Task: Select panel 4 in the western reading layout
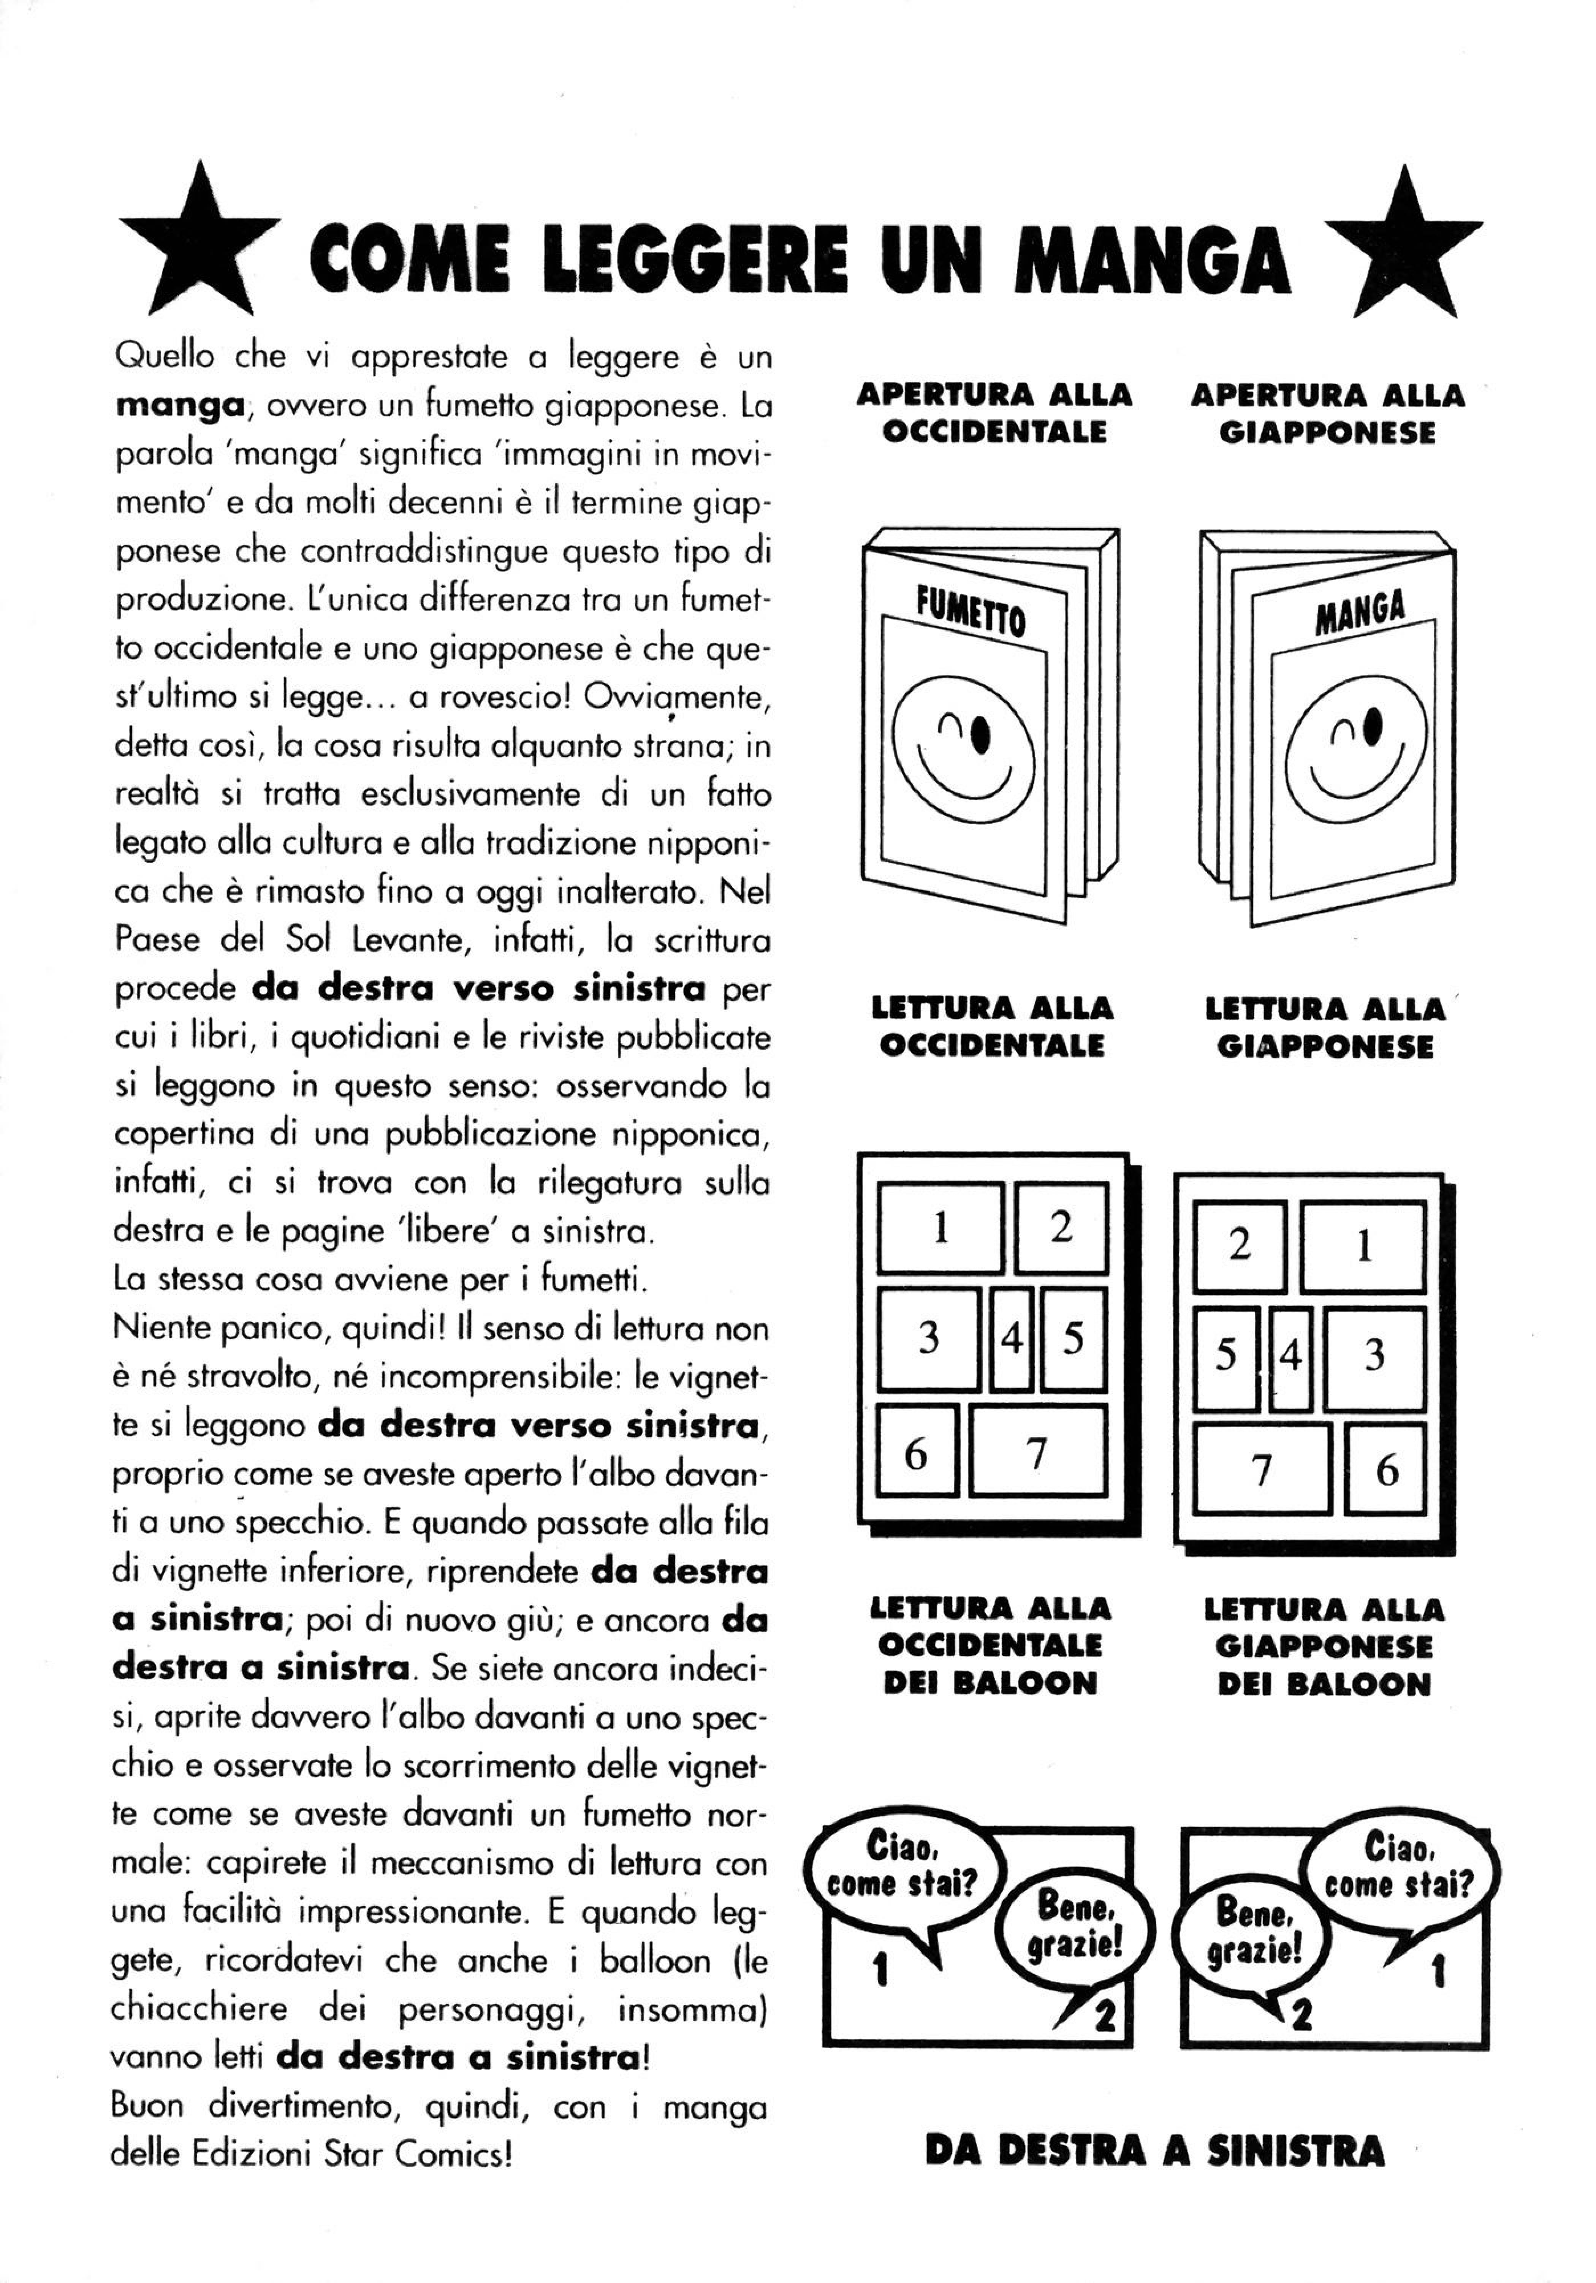(1010, 1339)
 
